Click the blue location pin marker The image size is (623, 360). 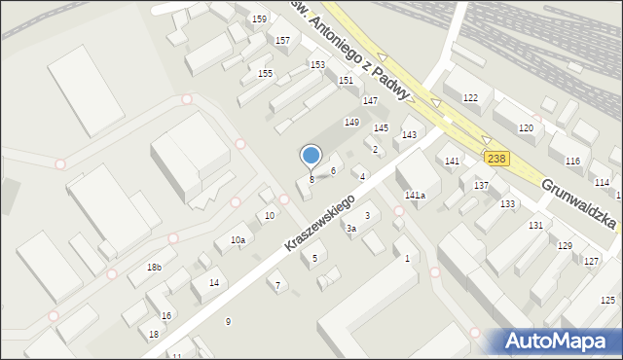[x=311, y=156]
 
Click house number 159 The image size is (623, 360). [x=259, y=19]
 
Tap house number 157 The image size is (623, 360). [x=282, y=40]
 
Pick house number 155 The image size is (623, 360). [x=265, y=73]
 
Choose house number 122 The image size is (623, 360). [x=470, y=97]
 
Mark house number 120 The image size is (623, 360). [x=526, y=128]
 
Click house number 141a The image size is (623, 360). [x=416, y=196]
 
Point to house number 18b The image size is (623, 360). [x=154, y=267]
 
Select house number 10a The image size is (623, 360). [x=238, y=239]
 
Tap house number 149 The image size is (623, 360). [x=351, y=122]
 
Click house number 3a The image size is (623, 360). [x=351, y=229]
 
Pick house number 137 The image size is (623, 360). [x=481, y=185]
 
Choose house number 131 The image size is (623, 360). [x=535, y=225]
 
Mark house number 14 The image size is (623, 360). [x=214, y=282]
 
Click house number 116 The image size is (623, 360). [x=572, y=161]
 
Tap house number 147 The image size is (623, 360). [x=370, y=101]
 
